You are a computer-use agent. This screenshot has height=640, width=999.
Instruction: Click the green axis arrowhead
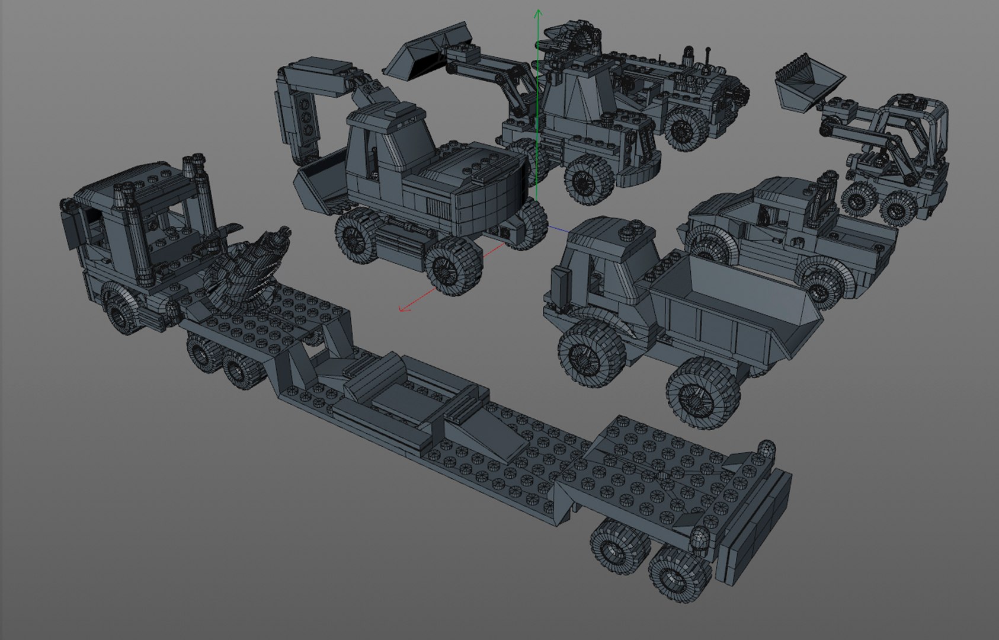coord(538,12)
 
